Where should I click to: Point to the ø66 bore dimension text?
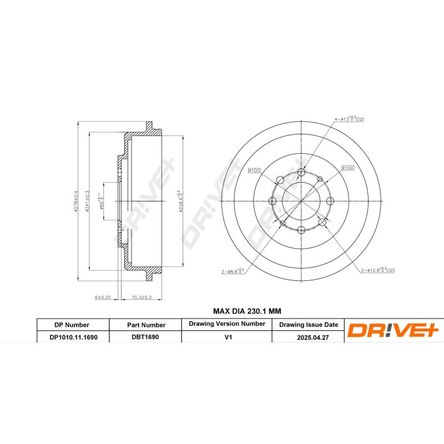coord(102,201)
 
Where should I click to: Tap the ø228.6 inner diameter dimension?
coord(180,201)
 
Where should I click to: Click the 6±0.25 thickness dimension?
coord(103,297)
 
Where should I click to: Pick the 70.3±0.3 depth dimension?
coord(142,297)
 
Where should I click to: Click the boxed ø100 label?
coord(254,170)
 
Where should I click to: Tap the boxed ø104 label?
coord(348,167)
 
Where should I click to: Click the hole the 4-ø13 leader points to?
coord(301,171)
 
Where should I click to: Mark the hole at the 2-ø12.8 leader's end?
coord(321,223)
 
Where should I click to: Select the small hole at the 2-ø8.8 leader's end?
coord(282,223)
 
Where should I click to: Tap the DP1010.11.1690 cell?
coord(73,336)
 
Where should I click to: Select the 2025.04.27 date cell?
coord(308,336)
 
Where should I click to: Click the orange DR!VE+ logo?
coord(393,331)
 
